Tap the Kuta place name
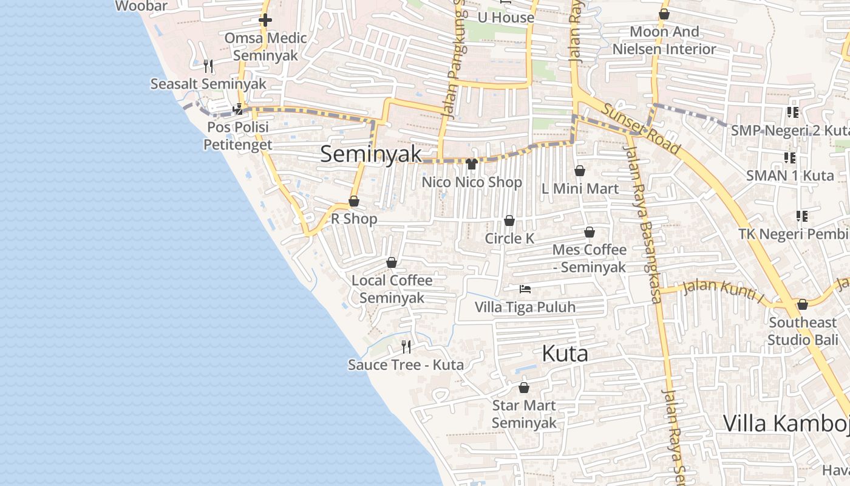pyautogui.click(x=565, y=354)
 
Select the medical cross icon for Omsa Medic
pyautogui.click(x=265, y=20)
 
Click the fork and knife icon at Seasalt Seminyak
pyautogui.click(x=208, y=66)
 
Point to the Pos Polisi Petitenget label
pyautogui.click(x=237, y=136)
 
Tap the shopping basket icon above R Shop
pyautogui.click(x=354, y=201)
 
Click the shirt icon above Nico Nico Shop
pyautogui.click(x=472, y=163)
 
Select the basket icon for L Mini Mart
pyautogui.click(x=580, y=171)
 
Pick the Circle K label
pyautogui.click(x=509, y=239)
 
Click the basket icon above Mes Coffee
pyautogui.click(x=589, y=232)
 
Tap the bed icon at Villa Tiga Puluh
pyautogui.click(x=525, y=289)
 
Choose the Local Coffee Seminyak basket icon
pyautogui.click(x=392, y=262)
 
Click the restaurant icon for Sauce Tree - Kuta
pyautogui.click(x=406, y=347)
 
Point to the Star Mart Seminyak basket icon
pyautogui.click(x=524, y=388)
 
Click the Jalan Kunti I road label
pyautogui.click(x=722, y=291)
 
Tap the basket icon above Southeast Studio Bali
pyautogui.click(x=803, y=304)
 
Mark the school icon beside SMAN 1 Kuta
pyautogui.click(x=790, y=158)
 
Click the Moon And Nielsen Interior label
pyautogui.click(x=664, y=40)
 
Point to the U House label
pyautogui.click(x=506, y=18)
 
